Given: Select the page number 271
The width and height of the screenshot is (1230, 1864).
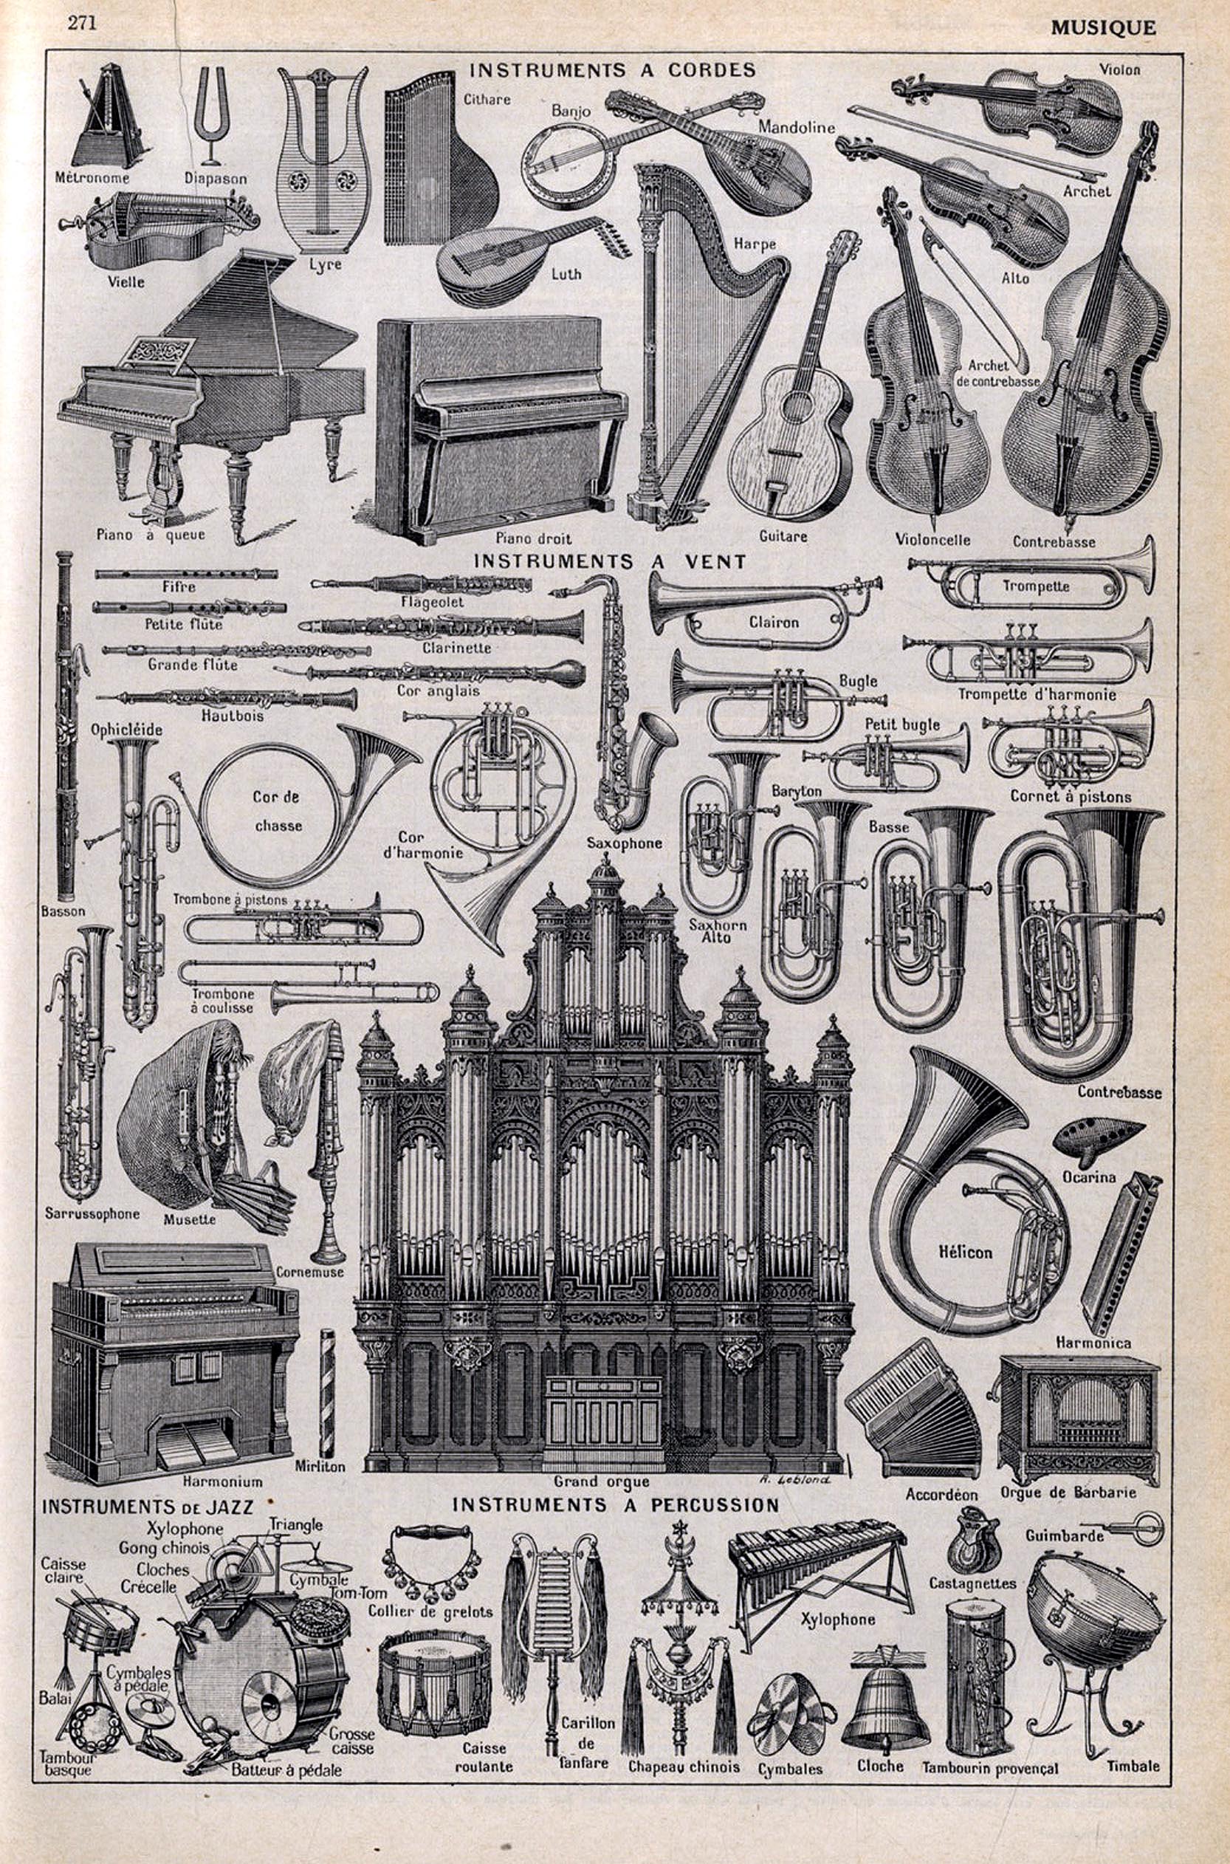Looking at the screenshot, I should click(x=81, y=23).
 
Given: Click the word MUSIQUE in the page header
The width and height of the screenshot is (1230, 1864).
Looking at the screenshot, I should click(x=1103, y=28).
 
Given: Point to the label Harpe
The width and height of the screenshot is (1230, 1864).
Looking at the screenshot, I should click(x=754, y=243).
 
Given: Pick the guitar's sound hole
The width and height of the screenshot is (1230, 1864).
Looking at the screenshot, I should click(x=799, y=405).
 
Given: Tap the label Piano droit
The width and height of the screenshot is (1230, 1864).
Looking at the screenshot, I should click(x=532, y=538).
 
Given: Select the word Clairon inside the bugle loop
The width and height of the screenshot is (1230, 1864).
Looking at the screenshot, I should click(x=773, y=622).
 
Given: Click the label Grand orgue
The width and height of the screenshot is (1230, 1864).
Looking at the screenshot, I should click(x=601, y=1481).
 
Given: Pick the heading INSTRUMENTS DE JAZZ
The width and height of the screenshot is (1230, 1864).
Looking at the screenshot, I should click(x=148, y=1506).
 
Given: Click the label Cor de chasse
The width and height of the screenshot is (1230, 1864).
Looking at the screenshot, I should click(x=278, y=811).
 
